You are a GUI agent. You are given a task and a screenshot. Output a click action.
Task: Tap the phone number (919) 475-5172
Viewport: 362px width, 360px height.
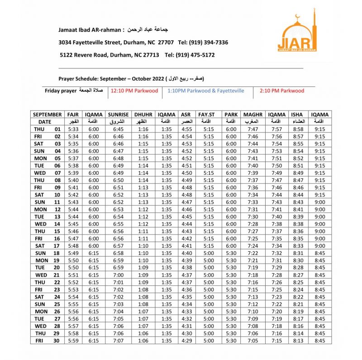196,55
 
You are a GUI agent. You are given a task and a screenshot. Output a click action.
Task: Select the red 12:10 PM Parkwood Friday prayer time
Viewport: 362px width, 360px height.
134,91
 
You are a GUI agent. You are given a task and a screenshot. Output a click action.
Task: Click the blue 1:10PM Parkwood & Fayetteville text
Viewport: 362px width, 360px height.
205,91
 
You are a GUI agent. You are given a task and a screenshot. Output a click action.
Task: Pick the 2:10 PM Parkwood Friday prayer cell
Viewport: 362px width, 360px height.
281,91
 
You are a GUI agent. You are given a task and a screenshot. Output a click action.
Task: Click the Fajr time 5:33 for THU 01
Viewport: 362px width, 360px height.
73,129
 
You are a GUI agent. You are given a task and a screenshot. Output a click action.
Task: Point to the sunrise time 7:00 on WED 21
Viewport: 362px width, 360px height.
119,275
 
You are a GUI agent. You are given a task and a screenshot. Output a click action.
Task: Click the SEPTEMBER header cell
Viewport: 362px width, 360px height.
47,115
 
